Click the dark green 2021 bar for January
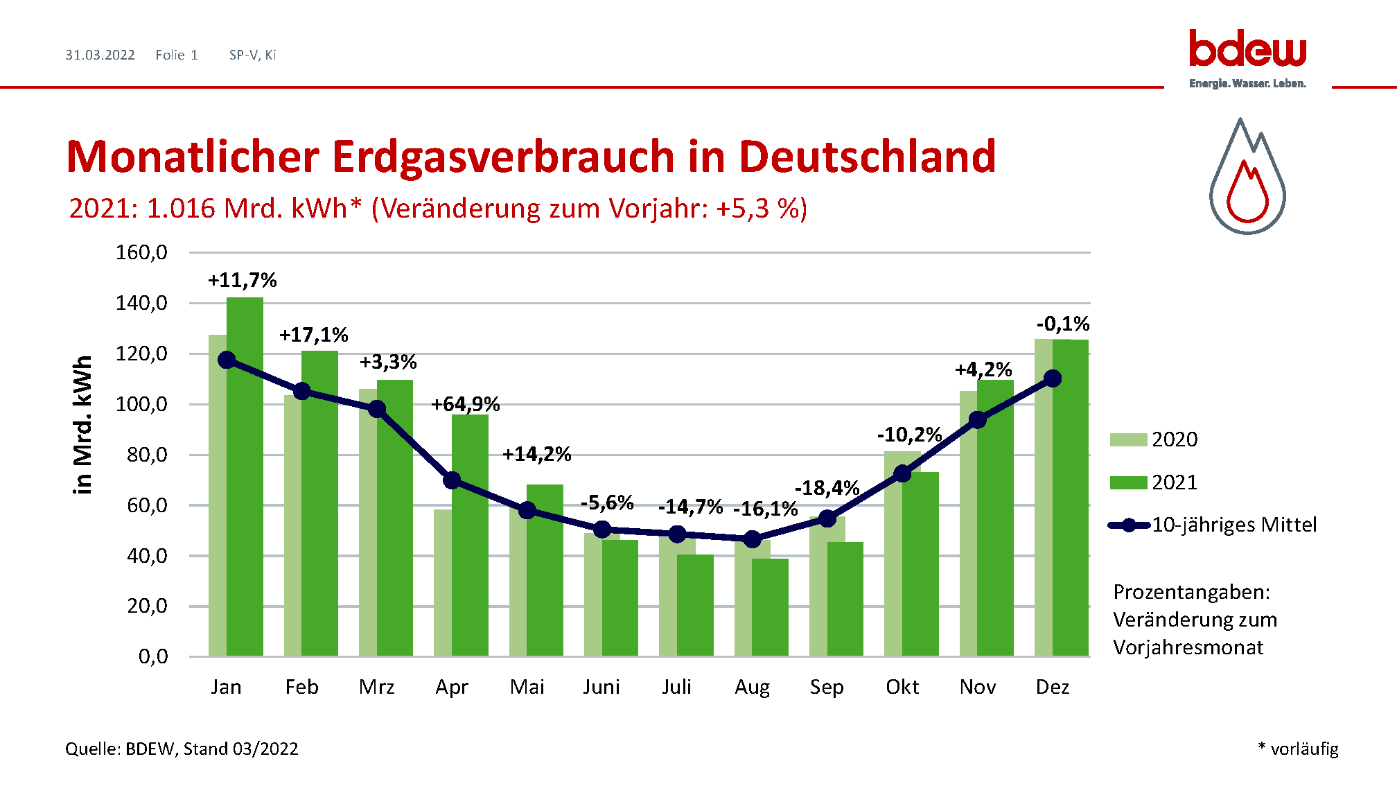coord(245,478)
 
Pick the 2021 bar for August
coord(771,607)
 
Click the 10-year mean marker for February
coord(302,392)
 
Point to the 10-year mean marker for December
coord(1053,378)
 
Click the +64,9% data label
coord(466,404)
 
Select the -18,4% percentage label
coord(827,488)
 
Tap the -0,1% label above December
coord(1063,324)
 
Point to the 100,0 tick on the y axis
coord(141,404)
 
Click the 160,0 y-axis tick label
coord(141,252)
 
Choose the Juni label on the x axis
coord(601,687)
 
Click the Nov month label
coord(978,687)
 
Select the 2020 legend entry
coord(1154,439)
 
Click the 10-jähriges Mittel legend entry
coord(1213,525)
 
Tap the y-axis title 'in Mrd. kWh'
coord(83,424)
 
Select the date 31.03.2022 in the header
coord(100,55)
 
